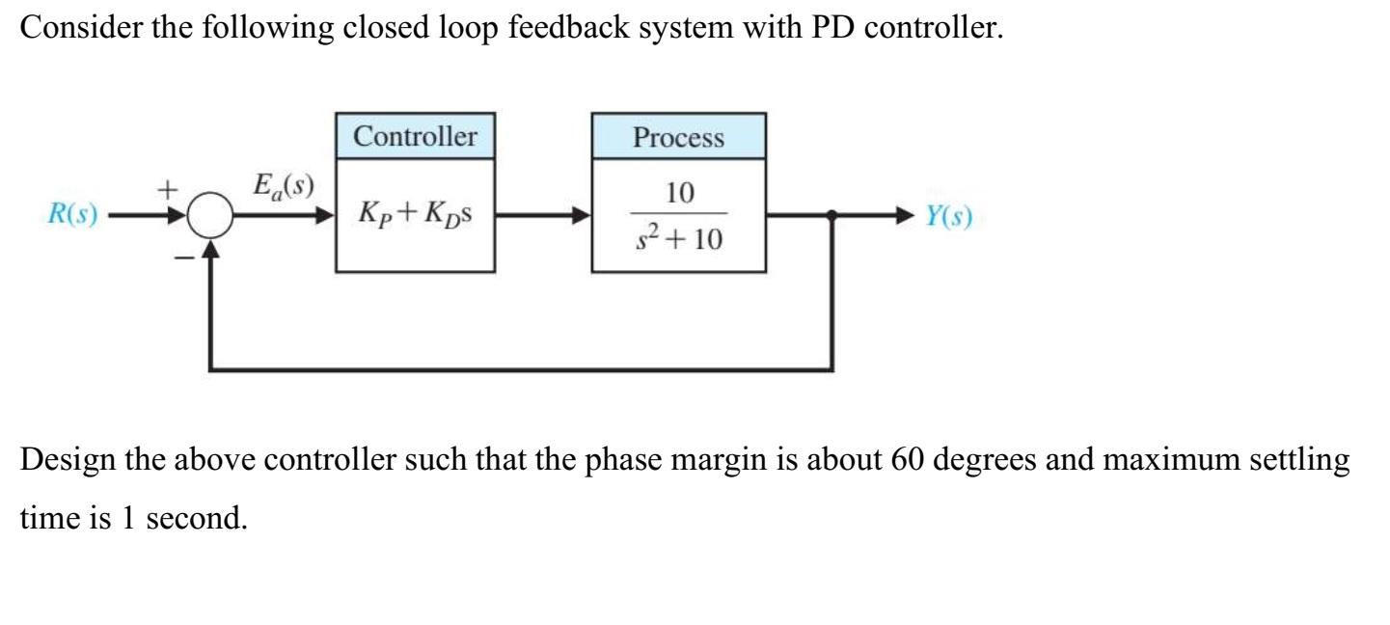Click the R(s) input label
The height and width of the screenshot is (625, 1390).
(72, 215)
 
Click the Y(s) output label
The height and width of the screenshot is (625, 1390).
(949, 216)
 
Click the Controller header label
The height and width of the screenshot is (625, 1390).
(415, 137)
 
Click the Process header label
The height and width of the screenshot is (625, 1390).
(678, 137)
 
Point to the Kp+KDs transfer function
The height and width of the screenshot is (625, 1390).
(416, 216)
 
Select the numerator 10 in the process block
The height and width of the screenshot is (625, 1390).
(679, 194)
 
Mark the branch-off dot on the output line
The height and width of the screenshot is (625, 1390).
(833, 216)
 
